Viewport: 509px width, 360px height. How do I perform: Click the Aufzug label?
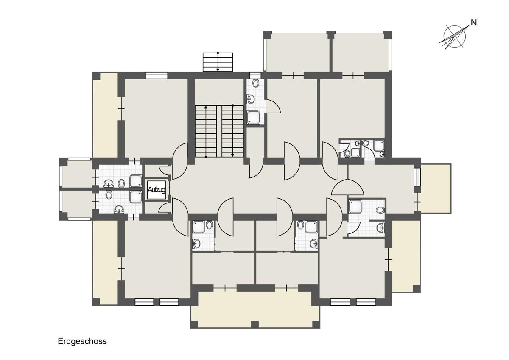tap(157, 190)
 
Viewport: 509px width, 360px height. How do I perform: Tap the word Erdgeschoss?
tap(82, 342)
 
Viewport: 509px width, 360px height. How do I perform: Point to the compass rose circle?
tap(454, 37)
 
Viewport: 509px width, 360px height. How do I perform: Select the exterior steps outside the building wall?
tap(218, 62)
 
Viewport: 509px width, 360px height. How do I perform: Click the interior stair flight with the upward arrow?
tap(206, 131)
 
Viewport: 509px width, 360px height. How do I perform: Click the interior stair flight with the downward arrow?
tap(233, 131)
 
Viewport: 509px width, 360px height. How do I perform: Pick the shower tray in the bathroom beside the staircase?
tap(254, 117)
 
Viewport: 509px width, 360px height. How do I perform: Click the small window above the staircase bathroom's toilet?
tap(255, 75)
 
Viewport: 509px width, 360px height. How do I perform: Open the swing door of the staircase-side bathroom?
tap(273, 106)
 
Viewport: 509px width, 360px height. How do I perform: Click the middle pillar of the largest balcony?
tap(255, 324)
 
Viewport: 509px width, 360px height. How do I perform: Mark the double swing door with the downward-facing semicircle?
tap(347, 187)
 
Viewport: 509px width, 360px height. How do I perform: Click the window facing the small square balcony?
tap(417, 177)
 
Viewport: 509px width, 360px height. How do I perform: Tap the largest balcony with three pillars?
tap(255, 309)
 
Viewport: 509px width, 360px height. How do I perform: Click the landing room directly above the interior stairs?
tap(219, 92)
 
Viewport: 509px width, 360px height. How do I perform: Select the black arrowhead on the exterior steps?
tap(218, 70)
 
